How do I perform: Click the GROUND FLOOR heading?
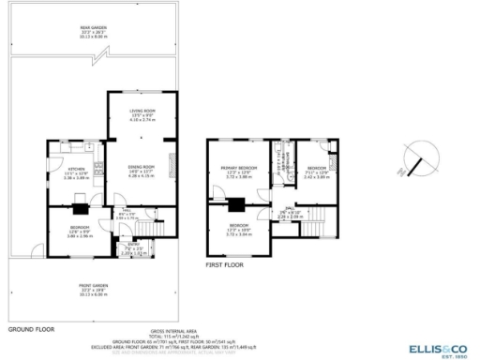(x=33, y=330)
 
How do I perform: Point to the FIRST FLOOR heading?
(x=225, y=265)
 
